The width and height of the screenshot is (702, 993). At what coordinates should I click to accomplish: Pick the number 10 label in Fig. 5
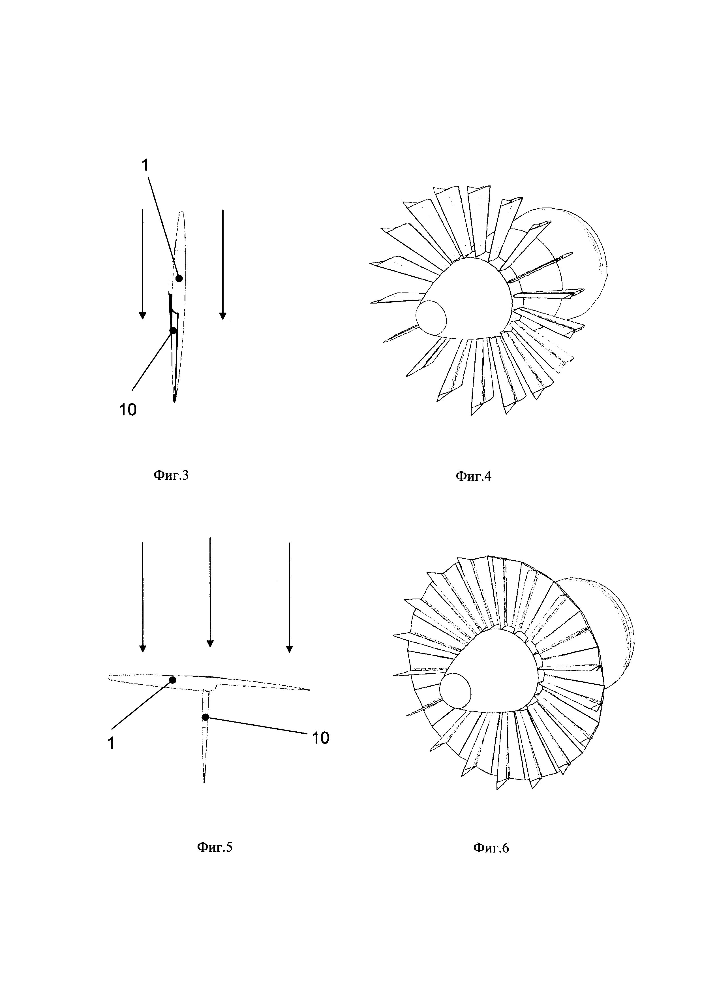320,738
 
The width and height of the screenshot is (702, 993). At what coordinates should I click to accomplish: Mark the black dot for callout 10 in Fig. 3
173,330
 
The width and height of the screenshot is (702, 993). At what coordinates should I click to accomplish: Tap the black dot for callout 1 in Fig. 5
172,680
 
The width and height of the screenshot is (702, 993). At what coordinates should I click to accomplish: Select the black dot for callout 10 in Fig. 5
205,717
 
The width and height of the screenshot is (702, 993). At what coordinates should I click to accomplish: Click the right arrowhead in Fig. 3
222,316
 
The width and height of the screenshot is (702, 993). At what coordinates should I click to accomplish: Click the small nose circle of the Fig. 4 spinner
431,317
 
